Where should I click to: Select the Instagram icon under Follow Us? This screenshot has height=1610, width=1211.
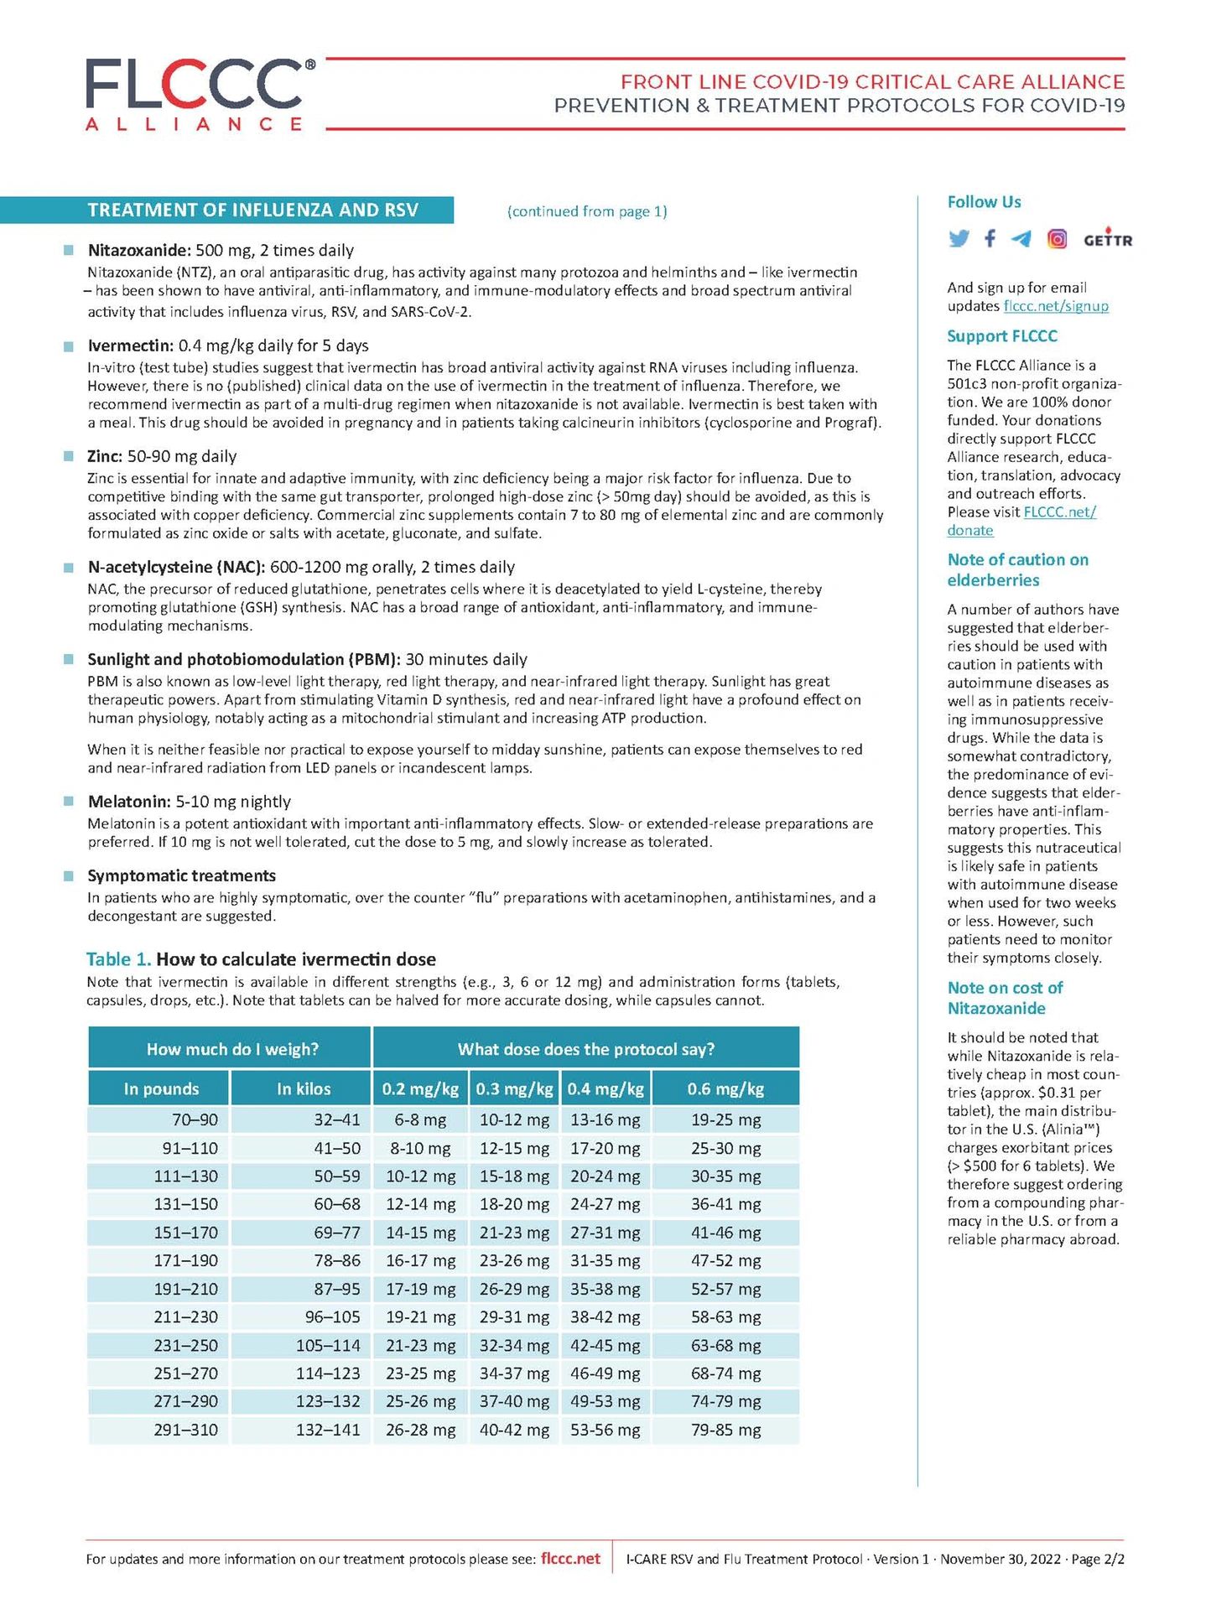coord(1058,239)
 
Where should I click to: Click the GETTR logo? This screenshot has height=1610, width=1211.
coord(1107,239)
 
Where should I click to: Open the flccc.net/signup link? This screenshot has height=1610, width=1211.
coord(1056,306)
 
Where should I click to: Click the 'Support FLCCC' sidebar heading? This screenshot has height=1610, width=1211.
coord(1001,336)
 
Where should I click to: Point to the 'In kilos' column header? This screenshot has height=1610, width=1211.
coord(304,1088)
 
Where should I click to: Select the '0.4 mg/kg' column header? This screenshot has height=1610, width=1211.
coord(605,1088)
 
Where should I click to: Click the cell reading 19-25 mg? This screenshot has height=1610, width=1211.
coord(725,1119)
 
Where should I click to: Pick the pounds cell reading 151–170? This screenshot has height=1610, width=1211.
coord(185,1233)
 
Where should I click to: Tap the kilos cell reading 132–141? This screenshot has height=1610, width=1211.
coord(328,1430)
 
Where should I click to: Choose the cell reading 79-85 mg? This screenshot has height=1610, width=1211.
coord(725,1430)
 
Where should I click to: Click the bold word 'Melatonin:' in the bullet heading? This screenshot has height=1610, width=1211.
coord(129,802)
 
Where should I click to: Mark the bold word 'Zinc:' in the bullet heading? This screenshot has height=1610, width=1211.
coord(105,456)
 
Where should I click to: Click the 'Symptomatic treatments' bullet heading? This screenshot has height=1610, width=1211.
coord(181,875)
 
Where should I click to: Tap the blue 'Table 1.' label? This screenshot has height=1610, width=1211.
coord(118,959)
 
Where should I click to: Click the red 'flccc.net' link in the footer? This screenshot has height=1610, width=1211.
coord(570,1559)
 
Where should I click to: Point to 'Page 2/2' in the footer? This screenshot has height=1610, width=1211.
coord(1098,1560)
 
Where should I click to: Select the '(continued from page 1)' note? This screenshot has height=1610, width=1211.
coord(587,211)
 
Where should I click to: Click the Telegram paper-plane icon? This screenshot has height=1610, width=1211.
coord(1021,239)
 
